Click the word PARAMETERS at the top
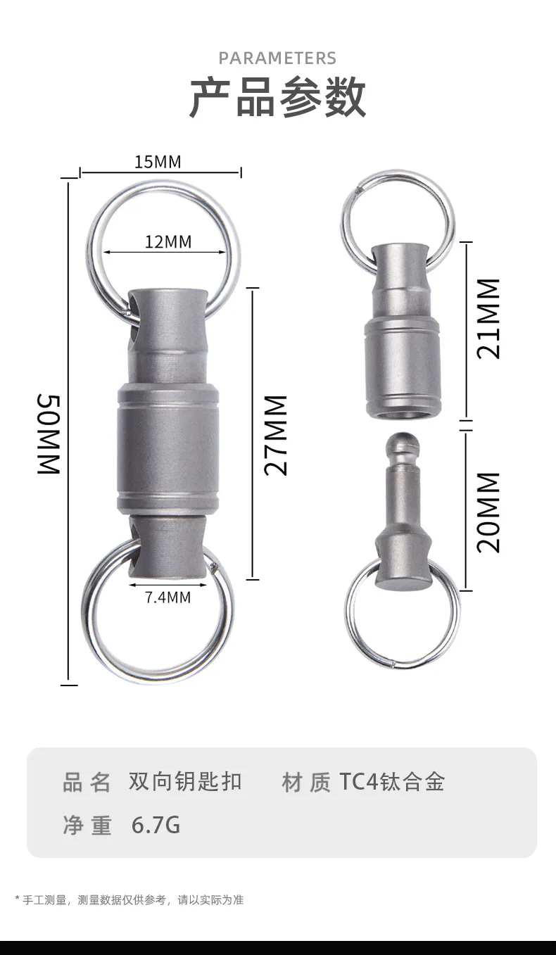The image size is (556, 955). point(277,58)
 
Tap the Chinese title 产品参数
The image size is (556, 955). point(277,97)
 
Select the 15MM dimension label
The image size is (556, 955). point(158,162)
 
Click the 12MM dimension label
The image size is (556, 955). point(168,241)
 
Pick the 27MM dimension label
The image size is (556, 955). point(275,435)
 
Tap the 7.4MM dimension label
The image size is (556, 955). point(168,597)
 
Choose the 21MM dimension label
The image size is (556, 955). point(488,319)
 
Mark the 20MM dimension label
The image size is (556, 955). point(488,512)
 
